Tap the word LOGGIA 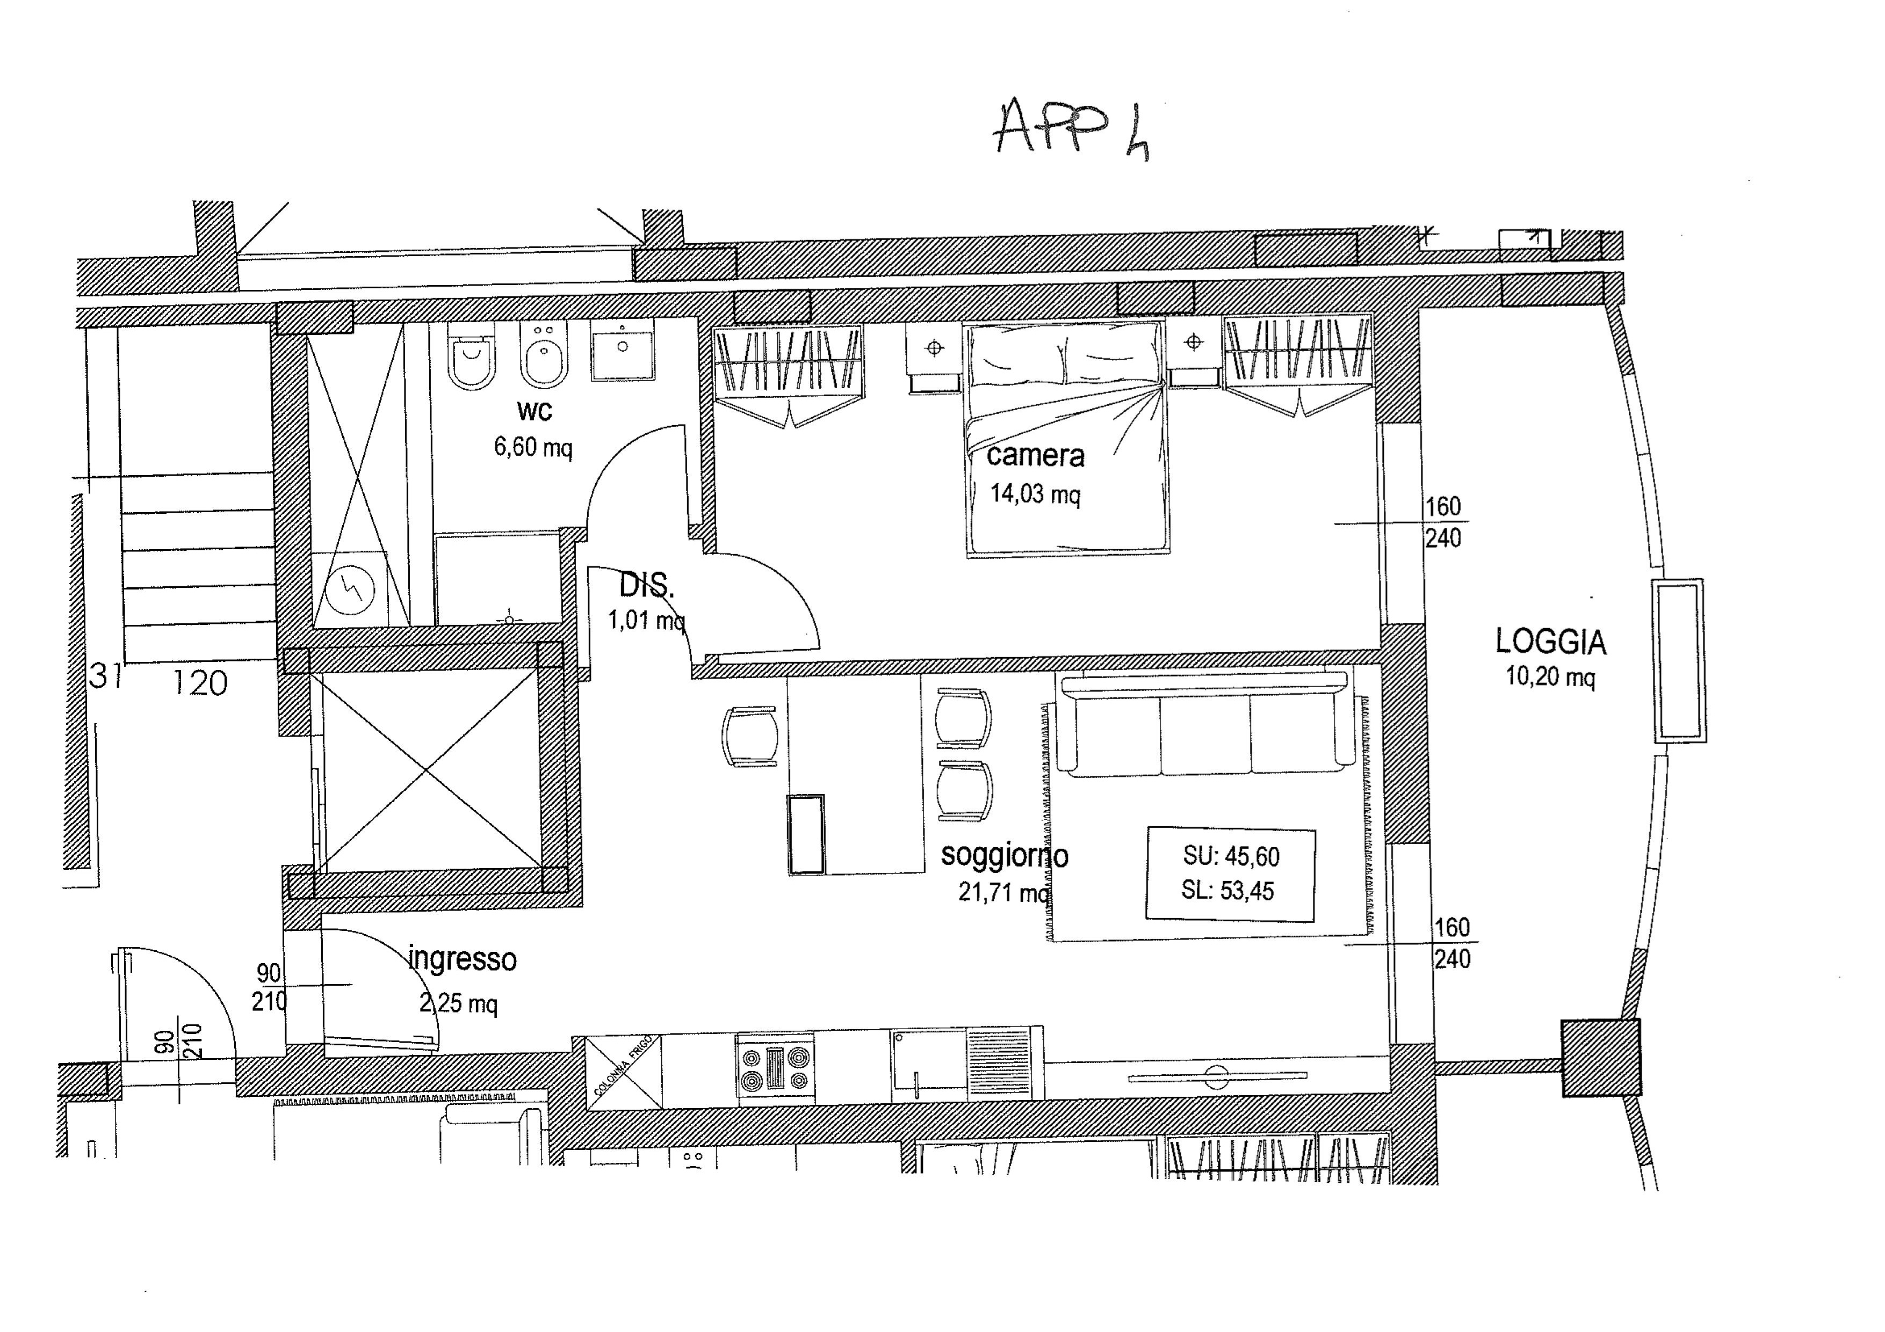click(1550, 642)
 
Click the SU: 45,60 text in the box click(1231, 857)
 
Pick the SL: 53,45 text click(1228, 891)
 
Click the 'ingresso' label click(462, 959)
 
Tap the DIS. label click(646, 586)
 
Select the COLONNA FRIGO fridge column click(622, 1072)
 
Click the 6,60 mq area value click(533, 447)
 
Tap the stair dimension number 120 click(200, 683)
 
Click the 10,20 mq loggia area click(1550, 677)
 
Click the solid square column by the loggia click(1601, 1058)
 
